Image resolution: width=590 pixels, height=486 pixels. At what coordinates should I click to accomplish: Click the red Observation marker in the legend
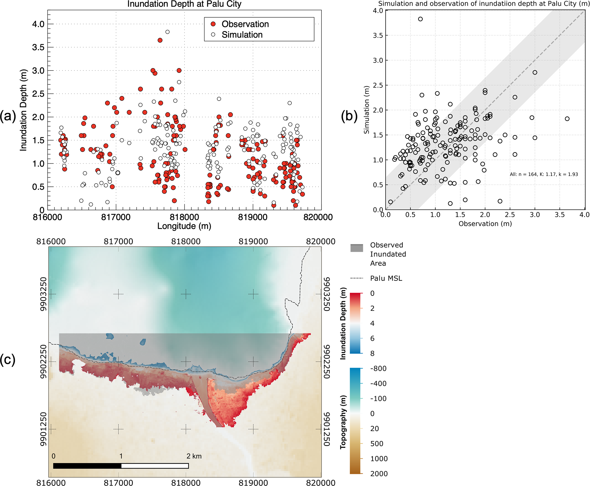tap(213, 24)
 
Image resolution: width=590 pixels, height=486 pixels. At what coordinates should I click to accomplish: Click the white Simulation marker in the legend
tap(213, 35)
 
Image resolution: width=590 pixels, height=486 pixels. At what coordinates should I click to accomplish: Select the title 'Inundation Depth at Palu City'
tap(184, 4)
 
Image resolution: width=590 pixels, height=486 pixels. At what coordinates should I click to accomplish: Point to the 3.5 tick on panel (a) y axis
tap(38, 47)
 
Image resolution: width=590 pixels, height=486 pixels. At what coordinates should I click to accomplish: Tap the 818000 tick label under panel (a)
tap(184, 217)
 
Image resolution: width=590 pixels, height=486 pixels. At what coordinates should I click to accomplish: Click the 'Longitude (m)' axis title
tap(184, 226)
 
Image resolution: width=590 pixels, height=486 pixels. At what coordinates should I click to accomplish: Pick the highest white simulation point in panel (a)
tap(168, 32)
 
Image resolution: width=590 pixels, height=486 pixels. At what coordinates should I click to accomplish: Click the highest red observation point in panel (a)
tap(160, 40)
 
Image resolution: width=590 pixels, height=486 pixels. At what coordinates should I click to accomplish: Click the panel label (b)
tap(349, 116)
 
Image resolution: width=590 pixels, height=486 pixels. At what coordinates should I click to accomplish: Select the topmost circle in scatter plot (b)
tap(420, 19)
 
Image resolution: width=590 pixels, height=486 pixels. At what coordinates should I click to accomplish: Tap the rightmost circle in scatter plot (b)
tap(567, 119)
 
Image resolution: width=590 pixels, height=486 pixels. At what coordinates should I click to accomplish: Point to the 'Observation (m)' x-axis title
tap(485, 224)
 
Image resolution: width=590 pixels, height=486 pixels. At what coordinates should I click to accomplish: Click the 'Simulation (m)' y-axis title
tap(367, 110)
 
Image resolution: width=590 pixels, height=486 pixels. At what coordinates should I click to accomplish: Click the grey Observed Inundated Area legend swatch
tap(357, 248)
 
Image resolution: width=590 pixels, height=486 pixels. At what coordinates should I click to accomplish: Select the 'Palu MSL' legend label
tap(386, 278)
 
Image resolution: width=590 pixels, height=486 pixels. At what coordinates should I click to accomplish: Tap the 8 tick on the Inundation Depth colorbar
tap(372, 354)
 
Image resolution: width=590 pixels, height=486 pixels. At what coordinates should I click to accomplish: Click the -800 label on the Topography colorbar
tap(378, 369)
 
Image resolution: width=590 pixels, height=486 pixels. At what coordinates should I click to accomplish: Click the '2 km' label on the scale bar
tap(194, 456)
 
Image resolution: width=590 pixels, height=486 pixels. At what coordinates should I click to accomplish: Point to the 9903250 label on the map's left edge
tap(43, 294)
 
